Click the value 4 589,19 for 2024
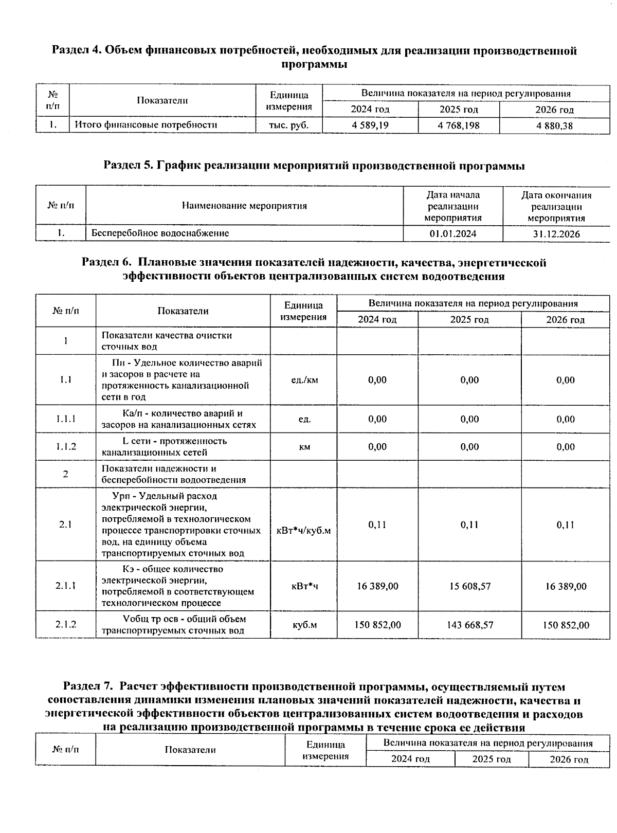pos(370,125)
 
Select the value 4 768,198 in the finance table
pos(459,125)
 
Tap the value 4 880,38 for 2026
pos(554,125)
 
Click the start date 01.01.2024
pos(452,233)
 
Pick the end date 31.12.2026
pos(556,233)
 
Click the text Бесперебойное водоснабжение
pos(160,233)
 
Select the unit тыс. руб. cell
pos(289,125)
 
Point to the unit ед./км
pos(304,380)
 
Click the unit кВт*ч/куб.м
pos(303,530)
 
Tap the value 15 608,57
pos(469,586)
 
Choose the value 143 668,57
pos(469,625)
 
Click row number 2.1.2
pos(66,624)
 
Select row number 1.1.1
pos(66,419)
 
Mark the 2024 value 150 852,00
pos(377,625)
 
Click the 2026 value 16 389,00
pos(566,586)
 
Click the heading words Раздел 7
pos(87,687)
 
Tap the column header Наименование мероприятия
pos(244,206)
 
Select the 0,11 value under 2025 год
pos(469,524)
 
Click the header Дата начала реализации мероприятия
pos(452,206)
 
